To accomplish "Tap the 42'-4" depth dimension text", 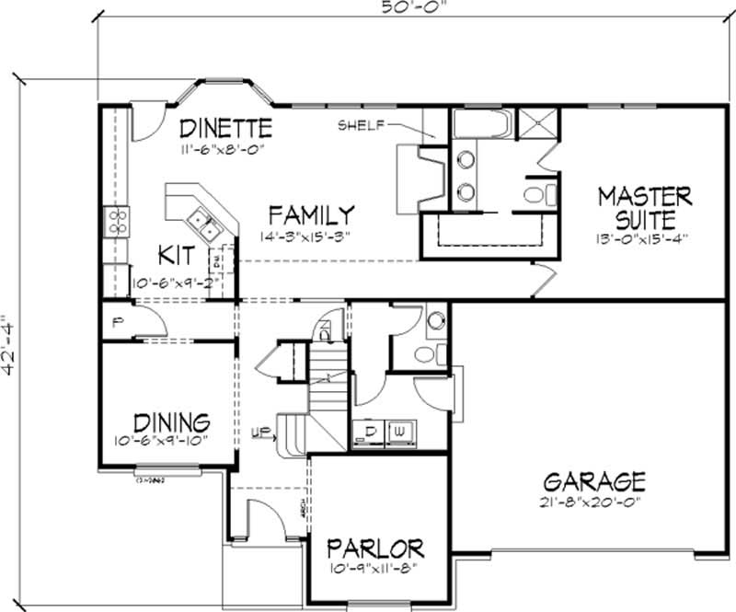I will (x=10, y=343).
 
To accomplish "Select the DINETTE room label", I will (x=225, y=127).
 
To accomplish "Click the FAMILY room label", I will (x=311, y=215).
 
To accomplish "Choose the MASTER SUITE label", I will (x=644, y=208).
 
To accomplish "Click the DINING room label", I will (x=171, y=422).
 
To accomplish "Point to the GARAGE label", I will (x=594, y=481).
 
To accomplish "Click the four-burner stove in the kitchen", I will (x=118, y=221).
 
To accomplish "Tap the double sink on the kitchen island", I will (x=203, y=221).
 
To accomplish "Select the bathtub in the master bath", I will (x=481, y=124).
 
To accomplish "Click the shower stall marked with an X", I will (x=537, y=123).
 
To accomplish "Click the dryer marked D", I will (x=372, y=431).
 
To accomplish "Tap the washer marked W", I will (x=401, y=431).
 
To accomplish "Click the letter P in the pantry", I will (x=118, y=323).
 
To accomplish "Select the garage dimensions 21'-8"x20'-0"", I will (x=594, y=503).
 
